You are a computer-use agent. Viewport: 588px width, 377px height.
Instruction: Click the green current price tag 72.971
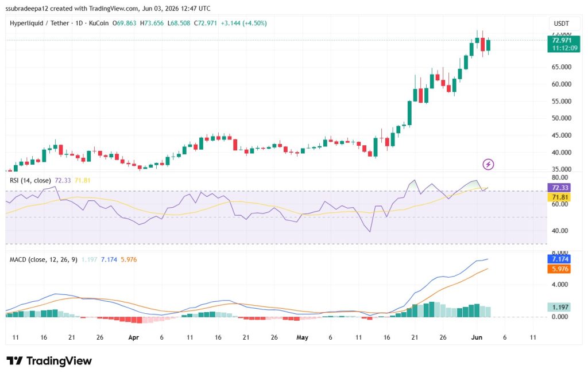563,44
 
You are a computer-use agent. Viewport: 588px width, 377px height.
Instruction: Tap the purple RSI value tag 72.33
560,188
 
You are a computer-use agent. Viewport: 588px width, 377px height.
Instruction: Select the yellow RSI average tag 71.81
560,197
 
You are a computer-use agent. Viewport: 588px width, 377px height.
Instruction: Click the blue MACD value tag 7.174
560,259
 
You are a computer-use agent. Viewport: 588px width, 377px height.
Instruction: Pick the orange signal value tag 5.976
560,269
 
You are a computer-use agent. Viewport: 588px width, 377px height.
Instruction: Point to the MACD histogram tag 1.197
560,308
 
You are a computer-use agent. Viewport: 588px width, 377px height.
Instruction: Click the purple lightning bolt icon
488,164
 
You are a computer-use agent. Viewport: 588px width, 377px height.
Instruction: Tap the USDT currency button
562,24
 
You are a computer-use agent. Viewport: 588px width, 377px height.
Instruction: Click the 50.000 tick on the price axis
562,118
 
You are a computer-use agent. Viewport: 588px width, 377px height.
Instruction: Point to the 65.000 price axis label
562,67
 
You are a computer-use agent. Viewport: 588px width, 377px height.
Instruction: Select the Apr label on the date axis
133,337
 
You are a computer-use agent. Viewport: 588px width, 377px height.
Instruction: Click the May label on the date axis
302,337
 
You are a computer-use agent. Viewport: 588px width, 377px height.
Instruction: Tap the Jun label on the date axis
477,337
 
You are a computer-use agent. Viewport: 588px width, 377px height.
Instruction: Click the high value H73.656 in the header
152,23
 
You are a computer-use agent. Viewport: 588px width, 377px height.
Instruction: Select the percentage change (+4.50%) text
254,23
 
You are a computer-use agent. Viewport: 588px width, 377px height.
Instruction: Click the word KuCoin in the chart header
99,23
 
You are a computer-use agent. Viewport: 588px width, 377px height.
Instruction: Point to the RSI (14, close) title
30,181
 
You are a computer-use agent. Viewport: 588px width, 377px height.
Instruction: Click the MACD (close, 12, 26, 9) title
44,259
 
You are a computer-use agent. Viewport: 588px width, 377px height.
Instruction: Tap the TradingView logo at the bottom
49,361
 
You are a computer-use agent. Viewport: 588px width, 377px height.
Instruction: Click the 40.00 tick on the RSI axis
559,231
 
